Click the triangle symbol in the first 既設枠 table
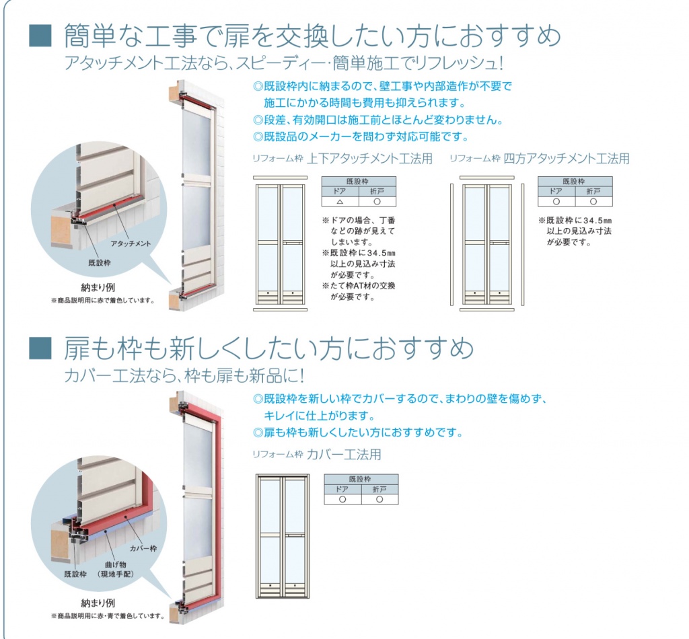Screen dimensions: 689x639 point(340,202)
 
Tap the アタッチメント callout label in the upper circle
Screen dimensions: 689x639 point(131,243)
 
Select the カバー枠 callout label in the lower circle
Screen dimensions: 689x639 point(143,548)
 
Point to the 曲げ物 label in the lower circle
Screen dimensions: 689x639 point(116,565)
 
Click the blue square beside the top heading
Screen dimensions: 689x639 point(40,36)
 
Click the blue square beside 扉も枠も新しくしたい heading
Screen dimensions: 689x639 point(40,348)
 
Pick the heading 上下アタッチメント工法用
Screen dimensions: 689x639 point(369,159)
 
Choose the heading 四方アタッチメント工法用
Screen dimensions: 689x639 point(567,159)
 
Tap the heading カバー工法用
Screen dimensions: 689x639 point(344,455)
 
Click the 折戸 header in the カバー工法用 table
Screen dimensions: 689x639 point(379,489)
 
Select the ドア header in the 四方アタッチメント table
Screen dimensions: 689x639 point(556,192)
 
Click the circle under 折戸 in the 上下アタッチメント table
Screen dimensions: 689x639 point(377,202)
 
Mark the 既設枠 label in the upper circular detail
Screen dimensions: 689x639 point(100,262)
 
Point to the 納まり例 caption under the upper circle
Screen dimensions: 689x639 point(98,288)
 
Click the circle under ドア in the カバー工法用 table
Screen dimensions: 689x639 point(342,499)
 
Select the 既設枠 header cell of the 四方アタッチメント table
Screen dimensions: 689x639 point(575,182)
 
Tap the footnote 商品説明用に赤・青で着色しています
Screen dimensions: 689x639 point(108,615)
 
